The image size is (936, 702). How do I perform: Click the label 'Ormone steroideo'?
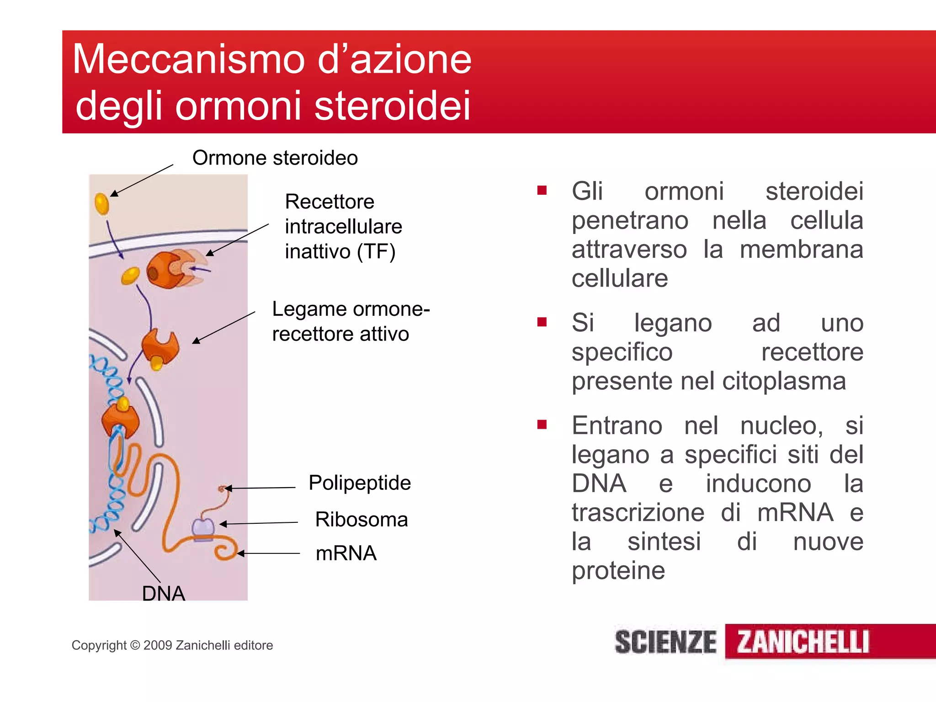275,158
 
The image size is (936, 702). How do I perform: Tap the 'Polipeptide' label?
360,483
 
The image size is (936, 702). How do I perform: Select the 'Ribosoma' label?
361,520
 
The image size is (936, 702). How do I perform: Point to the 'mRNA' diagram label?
346,553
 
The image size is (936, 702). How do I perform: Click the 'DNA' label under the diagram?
164,594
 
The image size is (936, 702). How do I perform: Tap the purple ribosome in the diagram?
203,529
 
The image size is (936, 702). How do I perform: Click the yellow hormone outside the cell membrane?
102,203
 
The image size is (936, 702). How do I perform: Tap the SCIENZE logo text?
665,642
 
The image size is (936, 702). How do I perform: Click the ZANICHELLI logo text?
803,642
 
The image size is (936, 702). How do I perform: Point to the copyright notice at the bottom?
172,645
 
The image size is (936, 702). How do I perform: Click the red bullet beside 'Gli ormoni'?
542,191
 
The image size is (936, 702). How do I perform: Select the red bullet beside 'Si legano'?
542,322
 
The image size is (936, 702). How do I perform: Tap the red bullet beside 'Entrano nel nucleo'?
542,425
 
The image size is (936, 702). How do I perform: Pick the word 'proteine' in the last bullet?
618,570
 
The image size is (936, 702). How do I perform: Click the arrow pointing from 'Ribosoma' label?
259,523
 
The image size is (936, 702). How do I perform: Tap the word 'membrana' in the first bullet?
801,250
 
